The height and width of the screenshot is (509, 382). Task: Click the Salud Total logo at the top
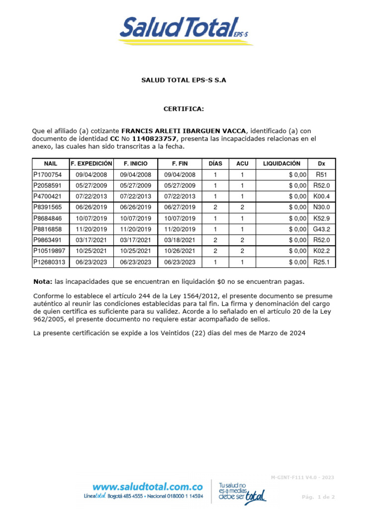pos(185,30)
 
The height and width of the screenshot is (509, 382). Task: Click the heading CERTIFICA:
pos(184,109)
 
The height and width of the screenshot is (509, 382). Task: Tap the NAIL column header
pos(51,164)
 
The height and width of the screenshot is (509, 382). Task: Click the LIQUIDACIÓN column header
pos(282,164)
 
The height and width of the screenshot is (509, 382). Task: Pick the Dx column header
pos(321,164)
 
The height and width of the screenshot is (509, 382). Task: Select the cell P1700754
pos(48,175)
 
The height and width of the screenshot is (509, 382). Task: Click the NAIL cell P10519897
pos(49,251)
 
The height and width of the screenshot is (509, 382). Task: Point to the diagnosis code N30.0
pos(321,207)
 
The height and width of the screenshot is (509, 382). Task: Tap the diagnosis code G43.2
pos(321,229)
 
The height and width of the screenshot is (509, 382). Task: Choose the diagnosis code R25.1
pos(321,262)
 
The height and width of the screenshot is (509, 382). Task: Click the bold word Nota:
pos(42,281)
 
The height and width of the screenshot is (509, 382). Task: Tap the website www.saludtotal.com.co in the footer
pos(147,487)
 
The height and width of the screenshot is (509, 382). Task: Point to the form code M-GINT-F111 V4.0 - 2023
pos(302,478)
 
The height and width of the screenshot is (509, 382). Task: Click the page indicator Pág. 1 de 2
pos(319,497)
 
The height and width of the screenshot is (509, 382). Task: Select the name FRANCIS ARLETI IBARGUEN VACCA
pos(184,131)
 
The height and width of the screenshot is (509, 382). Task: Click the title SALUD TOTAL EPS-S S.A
pos(184,80)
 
